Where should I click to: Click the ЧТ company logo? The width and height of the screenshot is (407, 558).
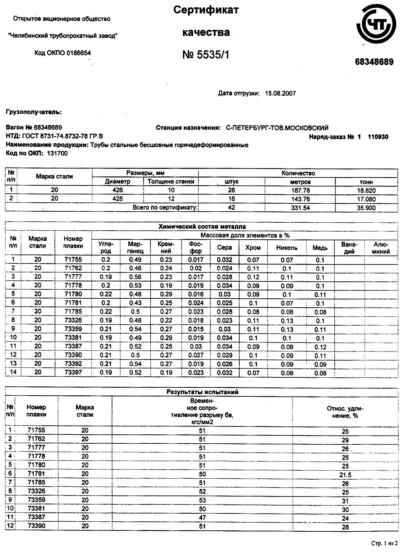point(376,26)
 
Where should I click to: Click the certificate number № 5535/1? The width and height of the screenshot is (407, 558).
point(206,55)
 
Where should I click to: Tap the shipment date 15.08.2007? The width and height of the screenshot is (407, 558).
point(280,93)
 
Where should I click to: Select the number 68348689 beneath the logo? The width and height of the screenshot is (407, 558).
point(374,62)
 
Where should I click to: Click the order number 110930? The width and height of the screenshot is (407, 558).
point(378,137)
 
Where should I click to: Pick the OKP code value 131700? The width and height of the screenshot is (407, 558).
point(57,154)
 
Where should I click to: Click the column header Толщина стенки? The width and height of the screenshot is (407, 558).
point(171,181)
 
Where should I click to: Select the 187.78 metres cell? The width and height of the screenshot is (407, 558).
point(300,190)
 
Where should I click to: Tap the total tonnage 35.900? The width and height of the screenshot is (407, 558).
point(366,208)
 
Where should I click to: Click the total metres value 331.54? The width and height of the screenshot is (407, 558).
point(300,208)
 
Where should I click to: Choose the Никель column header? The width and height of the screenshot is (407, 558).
point(287,248)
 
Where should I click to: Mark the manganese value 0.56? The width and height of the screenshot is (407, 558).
point(135,277)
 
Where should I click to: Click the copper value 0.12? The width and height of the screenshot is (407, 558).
point(320,347)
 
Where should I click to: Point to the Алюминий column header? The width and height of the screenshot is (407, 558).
point(381,248)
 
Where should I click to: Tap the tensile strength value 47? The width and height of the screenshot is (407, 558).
point(202,517)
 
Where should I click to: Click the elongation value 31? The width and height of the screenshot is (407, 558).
point(345,501)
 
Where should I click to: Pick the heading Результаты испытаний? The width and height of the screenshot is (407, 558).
point(202,392)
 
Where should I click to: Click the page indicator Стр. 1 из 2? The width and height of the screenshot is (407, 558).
point(385,543)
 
